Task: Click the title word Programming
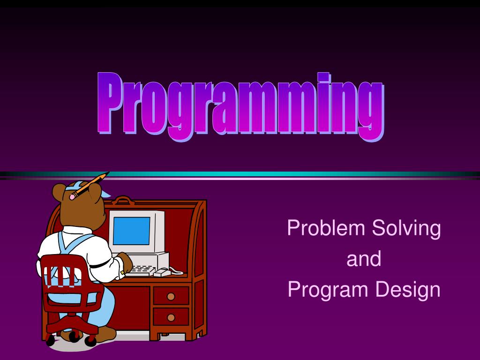240,105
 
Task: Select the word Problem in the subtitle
326,228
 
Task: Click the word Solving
406,229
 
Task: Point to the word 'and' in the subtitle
364,259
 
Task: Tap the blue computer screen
132,231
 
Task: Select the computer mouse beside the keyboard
161,272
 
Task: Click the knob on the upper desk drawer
171,296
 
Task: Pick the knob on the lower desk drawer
171,317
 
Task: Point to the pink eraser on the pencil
72,197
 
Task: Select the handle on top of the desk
123,200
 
